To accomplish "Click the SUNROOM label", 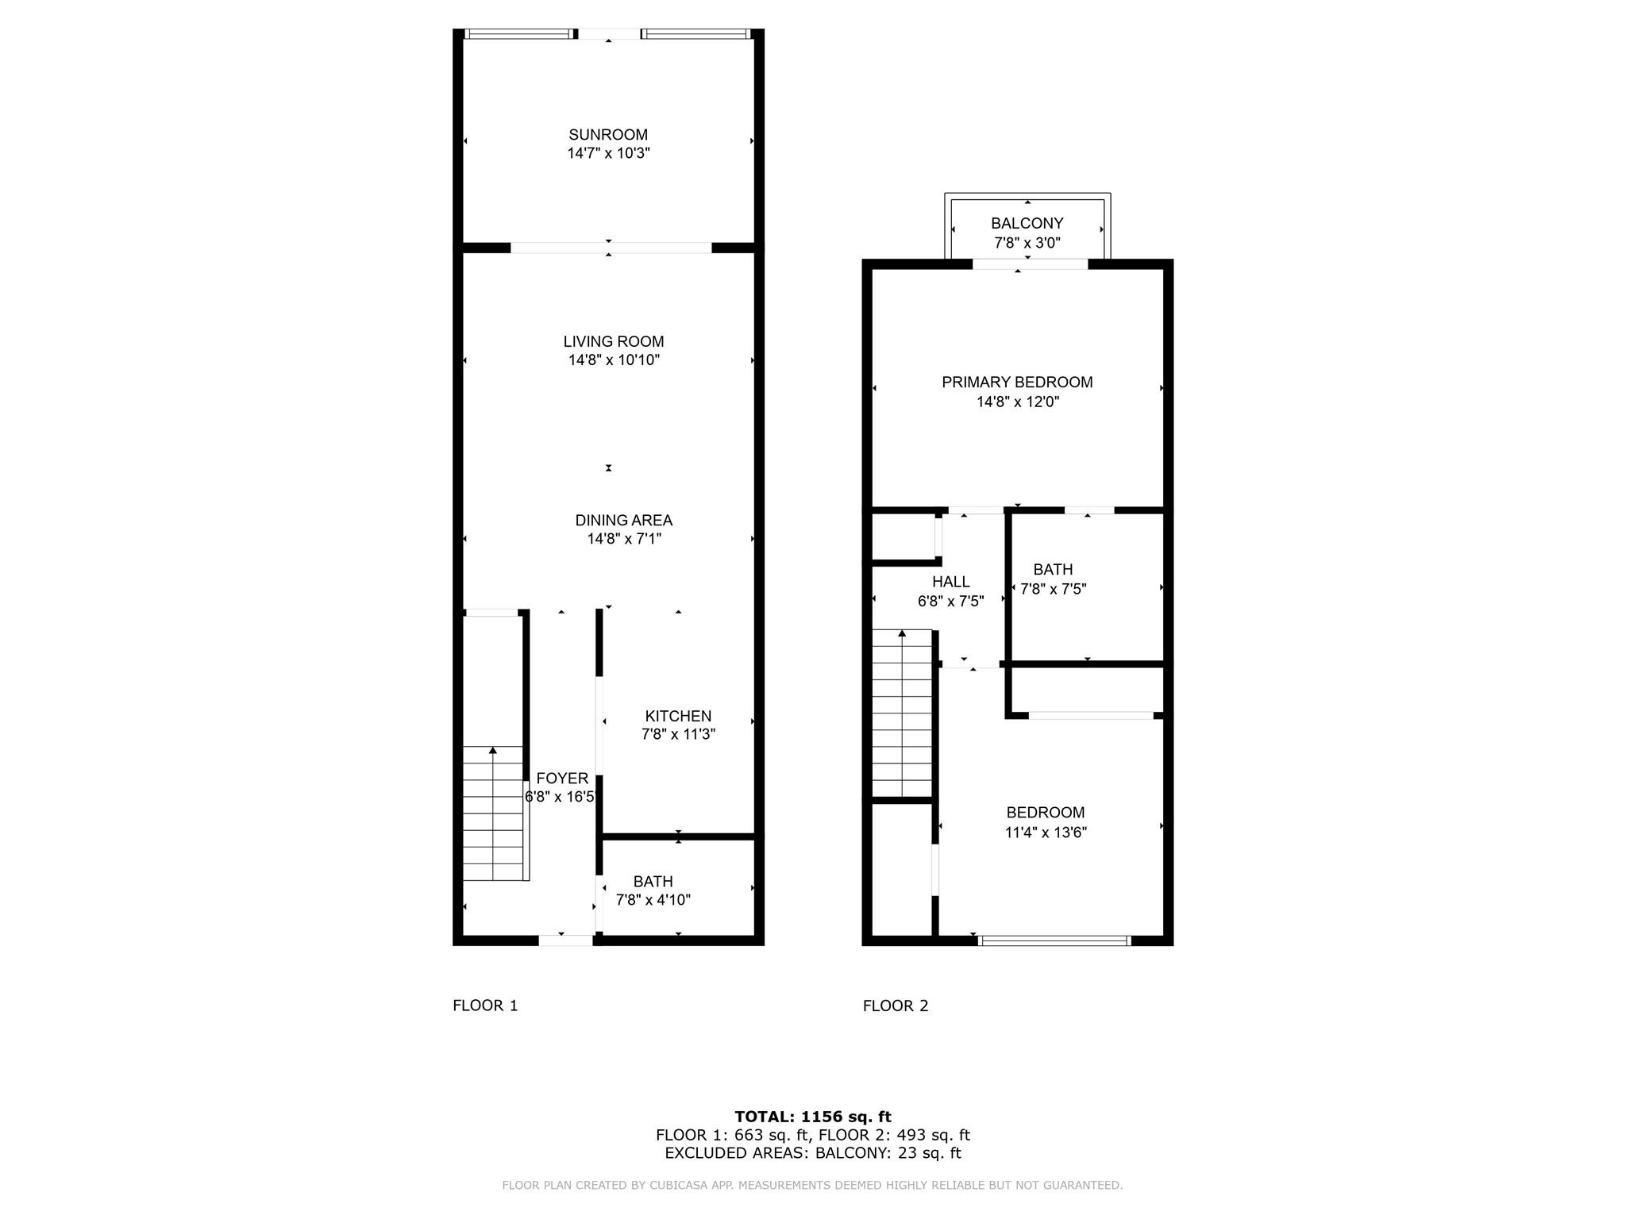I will pyautogui.click(x=608, y=135).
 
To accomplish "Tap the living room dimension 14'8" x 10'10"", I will pyautogui.click(x=614, y=360).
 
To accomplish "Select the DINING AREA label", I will pyautogui.click(x=623, y=521).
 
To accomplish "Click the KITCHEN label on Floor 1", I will pyautogui.click(x=678, y=716).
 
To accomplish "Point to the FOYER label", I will pyautogui.click(x=562, y=779).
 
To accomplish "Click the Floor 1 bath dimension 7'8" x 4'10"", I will pyautogui.click(x=653, y=900).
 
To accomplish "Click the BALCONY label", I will pyautogui.click(x=1027, y=224).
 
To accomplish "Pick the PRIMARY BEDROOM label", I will pyautogui.click(x=1017, y=383).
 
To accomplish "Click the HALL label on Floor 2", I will pyautogui.click(x=950, y=582).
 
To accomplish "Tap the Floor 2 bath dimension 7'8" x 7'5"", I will pyautogui.click(x=1053, y=589).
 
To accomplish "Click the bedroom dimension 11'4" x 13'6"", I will pyautogui.click(x=1045, y=833).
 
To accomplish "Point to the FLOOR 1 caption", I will pyautogui.click(x=485, y=1006).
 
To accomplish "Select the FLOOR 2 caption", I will pyautogui.click(x=896, y=1006).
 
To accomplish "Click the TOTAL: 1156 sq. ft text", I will pyautogui.click(x=812, y=1117).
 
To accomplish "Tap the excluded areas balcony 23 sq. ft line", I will pyautogui.click(x=812, y=1153).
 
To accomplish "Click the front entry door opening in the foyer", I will pyautogui.click(x=565, y=940).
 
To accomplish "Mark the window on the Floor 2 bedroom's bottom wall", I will pyautogui.click(x=1054, y=940).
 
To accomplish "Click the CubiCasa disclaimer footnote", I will pyautogui.click(x=812, y=1186).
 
